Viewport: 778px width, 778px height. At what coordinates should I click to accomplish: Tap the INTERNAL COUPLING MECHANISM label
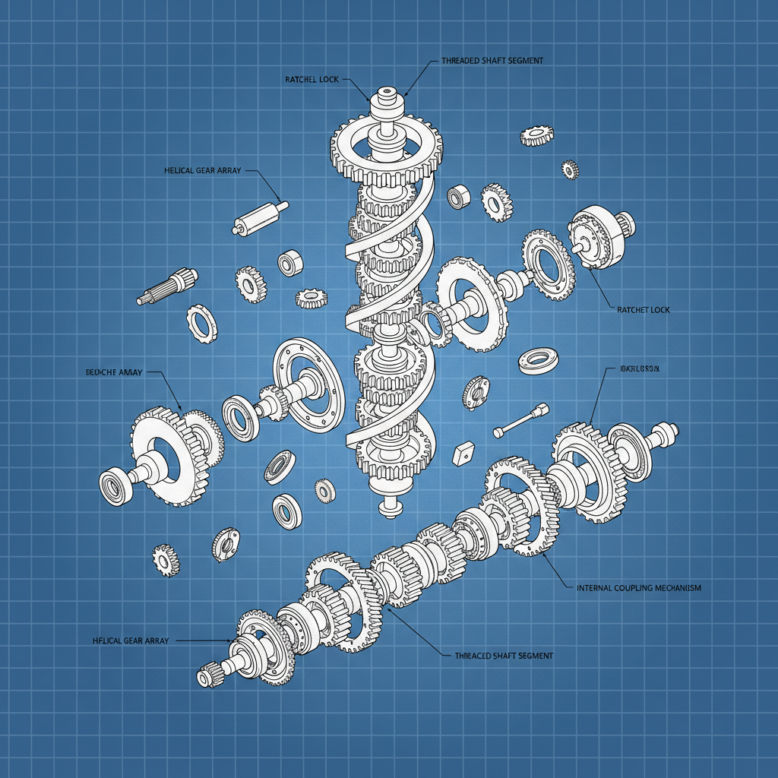point(638,588)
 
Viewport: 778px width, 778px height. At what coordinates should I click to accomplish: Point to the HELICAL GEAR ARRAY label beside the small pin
point(202,171)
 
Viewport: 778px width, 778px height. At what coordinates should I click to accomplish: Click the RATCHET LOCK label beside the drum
point(644,310)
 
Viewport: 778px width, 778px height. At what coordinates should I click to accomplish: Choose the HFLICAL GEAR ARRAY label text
point(128,640)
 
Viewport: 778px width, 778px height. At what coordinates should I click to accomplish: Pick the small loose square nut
point(460,454)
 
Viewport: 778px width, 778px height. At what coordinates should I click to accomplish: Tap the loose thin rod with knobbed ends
point(520,420)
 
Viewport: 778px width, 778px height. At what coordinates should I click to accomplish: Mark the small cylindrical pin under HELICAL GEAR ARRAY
point(259,217)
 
